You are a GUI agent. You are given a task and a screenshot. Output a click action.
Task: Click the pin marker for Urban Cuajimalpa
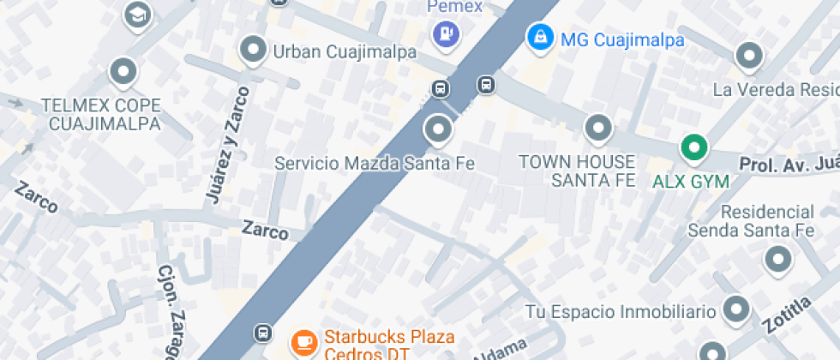tap(253, 51)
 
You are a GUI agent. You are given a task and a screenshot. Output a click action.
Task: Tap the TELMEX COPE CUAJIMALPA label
tap(101, 115)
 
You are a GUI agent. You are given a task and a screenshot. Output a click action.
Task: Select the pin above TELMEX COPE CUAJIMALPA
tap(123, 71)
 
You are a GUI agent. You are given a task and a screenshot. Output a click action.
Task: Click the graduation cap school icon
tap(136, 15)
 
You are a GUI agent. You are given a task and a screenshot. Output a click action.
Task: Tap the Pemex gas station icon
tap(447, 33)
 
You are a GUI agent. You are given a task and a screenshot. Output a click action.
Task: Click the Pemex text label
tap(455, 7)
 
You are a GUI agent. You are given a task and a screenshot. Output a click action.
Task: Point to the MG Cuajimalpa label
tap(621, 39)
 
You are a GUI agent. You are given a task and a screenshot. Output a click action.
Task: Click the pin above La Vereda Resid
tap(749, 57)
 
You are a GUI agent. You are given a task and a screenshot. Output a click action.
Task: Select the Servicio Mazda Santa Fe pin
tap(438, 130)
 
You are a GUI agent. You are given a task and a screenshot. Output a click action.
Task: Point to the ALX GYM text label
tap(690, 182)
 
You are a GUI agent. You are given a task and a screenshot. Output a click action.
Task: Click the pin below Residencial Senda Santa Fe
tap(777, 259)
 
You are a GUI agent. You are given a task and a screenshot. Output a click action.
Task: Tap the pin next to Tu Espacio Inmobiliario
tap(736, 310)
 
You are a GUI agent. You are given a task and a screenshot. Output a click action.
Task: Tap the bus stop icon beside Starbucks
tap(262, 333)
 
